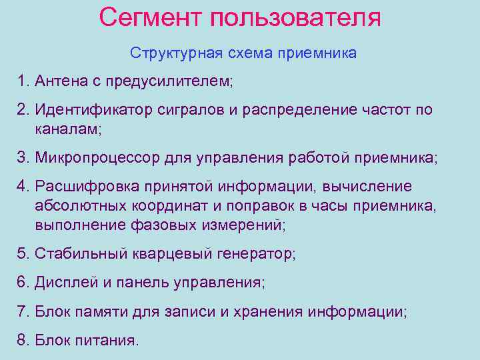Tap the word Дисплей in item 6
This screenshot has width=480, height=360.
coord(65,283)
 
